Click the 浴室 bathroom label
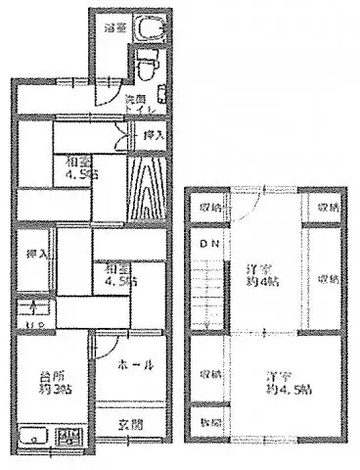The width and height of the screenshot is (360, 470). tap(115, 29)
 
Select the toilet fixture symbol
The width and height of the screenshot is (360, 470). tap(146, 68)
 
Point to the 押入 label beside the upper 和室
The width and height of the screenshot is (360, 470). tap(152, 134)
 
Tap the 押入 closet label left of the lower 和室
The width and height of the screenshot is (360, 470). tap(31, 254)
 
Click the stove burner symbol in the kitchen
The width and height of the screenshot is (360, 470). tap(67, 437)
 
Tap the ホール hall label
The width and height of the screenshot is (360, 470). tap(138, 365)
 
